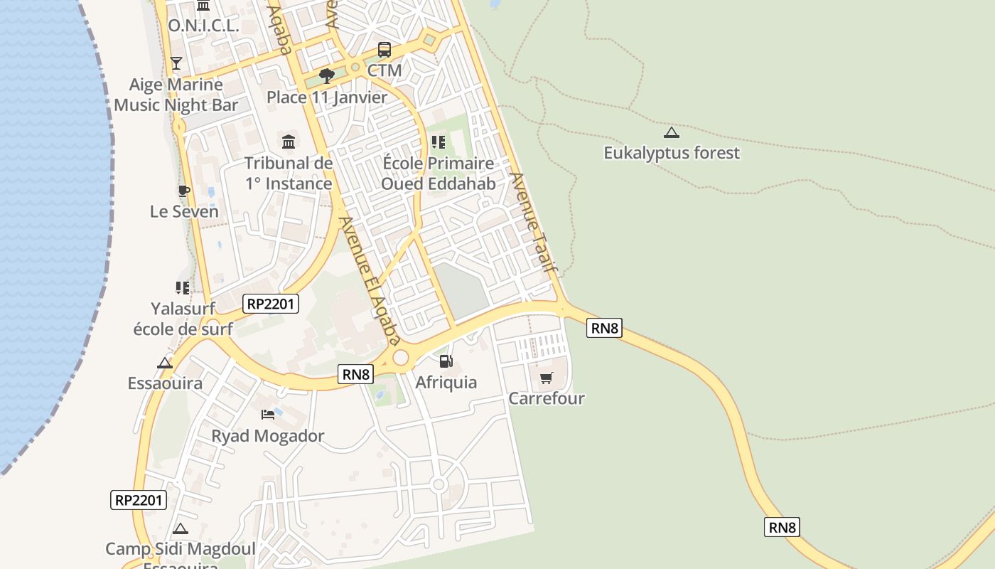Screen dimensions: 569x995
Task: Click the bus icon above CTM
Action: (384, 50)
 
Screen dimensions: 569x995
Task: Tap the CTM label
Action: (384, 70)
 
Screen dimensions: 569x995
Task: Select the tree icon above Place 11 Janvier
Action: (327, 75)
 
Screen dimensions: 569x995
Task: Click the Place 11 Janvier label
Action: (327, 97)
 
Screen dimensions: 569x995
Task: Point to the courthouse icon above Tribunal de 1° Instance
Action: (289, 142)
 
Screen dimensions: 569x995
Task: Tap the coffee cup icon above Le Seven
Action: (183, 191)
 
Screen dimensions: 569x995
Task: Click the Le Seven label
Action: (184, 211)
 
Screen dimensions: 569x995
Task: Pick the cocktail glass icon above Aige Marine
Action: (176, 63)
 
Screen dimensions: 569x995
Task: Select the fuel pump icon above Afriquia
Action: (446, 361)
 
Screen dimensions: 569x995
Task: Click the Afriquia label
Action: (446, 383)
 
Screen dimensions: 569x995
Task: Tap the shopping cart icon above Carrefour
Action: (546, 378)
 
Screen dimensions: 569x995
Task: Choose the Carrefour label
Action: (546, 398)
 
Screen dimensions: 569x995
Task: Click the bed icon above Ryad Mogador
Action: (268, 415)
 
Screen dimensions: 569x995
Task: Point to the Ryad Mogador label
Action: (268, 436)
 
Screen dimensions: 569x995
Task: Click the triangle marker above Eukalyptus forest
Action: (672, 132)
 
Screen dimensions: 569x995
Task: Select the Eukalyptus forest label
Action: (672, 153)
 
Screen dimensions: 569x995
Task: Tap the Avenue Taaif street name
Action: (532, 223)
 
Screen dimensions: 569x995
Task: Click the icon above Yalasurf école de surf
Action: (183, 288)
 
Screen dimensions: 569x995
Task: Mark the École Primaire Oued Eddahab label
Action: (438, 174)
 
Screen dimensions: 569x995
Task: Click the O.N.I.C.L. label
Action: (203, 26)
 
